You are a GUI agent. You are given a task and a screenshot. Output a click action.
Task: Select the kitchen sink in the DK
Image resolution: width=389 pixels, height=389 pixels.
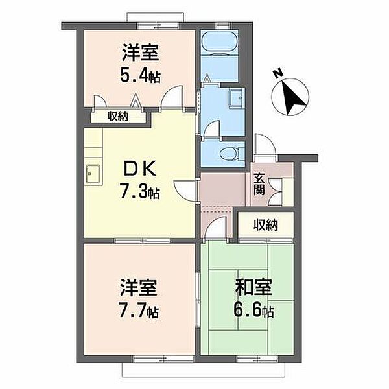click(93, 174)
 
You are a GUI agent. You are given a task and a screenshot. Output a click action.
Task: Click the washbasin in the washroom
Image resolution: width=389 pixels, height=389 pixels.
click(237, 97)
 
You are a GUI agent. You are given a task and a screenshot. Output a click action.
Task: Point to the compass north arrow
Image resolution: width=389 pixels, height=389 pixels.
click(292, 99)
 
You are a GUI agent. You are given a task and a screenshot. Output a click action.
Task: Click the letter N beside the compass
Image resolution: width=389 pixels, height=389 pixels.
click(278, 73)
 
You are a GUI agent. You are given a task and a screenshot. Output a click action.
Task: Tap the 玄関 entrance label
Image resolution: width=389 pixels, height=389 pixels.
click(259, 184)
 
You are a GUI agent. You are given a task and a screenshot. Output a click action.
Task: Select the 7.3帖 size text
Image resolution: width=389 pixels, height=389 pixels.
click(139, 191)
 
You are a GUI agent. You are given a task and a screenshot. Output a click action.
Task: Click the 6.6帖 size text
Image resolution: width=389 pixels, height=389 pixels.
click(254, 310)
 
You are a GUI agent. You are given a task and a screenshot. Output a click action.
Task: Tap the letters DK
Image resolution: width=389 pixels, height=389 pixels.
click(139, 169)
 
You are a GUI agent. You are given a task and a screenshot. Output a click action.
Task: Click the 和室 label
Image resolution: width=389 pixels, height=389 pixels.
click(253, 287)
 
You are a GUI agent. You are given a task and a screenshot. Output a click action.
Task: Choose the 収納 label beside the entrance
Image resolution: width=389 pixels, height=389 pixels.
click(265, 224)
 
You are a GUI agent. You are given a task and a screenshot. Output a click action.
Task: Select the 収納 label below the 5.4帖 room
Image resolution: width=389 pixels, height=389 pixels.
click(117, 116)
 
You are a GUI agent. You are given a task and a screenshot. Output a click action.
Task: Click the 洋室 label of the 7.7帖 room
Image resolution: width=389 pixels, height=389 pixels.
click(139, 287)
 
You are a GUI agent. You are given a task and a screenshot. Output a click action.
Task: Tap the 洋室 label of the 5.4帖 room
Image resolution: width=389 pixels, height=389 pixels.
click(140, 53)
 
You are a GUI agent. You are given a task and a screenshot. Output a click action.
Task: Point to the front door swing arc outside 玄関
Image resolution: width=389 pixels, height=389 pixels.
click(265, 145)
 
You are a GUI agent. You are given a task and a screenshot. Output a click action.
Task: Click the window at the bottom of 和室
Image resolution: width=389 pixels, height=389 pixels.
click(257, 359)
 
